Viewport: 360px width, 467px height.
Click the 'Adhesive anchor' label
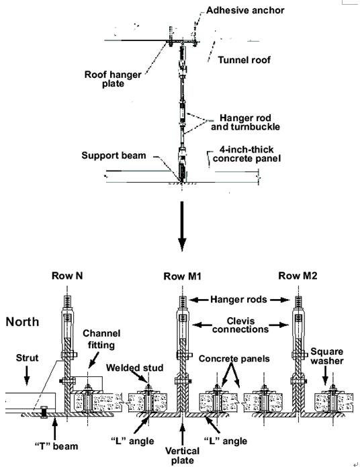click(245, 11)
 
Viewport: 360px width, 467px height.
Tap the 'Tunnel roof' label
click(244, 60)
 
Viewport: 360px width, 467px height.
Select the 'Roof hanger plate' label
click(113, 79)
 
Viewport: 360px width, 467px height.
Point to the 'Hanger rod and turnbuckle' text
click(245, 122)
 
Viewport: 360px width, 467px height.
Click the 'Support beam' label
click(114, 155)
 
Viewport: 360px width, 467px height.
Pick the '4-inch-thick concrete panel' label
click(246, 154)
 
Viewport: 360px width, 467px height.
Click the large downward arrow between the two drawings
click(182, 226)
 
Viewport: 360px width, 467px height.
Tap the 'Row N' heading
click(67, 275)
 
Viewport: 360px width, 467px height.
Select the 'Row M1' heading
click(183, 276)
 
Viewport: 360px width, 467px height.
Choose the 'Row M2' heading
click(298, 275)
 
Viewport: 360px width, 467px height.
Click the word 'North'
click(22, 322)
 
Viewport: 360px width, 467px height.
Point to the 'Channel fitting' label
click(101, 339)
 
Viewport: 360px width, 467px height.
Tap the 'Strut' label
click(27, 357)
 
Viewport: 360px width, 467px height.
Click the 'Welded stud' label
click(134, 368)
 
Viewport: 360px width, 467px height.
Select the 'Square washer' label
click(327, 356)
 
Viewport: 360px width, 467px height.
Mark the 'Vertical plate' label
click(183, 456)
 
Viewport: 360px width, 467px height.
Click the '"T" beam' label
click(56, 446)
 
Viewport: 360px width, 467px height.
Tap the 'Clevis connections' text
click(240, 325)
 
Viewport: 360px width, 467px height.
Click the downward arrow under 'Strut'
click(27, 375)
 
